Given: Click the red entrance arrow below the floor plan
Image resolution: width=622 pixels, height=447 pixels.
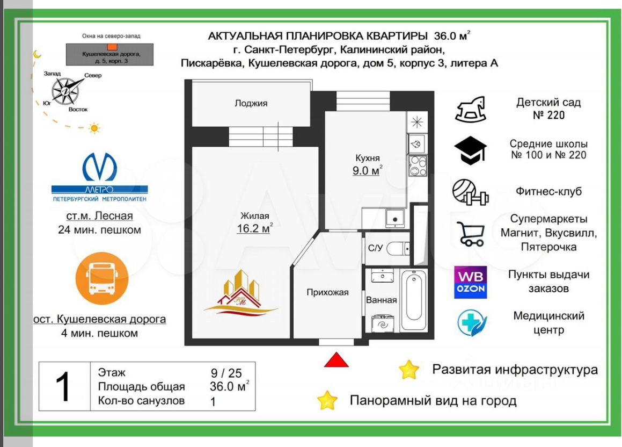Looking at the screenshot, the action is [x=336, y=360].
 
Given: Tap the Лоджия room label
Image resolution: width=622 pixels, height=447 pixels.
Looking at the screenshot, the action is [x=251, y=103].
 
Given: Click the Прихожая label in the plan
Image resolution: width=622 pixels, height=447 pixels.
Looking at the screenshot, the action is [x=327, y=292].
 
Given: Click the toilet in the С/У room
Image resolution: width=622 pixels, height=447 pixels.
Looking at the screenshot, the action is [x=399, y=248].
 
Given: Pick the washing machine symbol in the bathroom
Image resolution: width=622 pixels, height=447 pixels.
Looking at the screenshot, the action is [x=383, y=325].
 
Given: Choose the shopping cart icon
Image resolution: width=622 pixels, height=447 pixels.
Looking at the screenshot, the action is [x=471, y=234].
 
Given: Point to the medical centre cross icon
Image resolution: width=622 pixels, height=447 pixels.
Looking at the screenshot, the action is [x=471, y=323].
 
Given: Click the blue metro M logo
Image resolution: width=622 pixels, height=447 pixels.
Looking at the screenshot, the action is [x=100, y=167].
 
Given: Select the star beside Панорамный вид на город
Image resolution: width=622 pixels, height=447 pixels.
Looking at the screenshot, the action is [x=327, y=400].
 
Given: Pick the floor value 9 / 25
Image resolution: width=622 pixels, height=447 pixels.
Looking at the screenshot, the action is [x=226, y=372].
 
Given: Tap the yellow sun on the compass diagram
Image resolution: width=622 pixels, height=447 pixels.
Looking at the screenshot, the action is [x=94, y=128].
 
